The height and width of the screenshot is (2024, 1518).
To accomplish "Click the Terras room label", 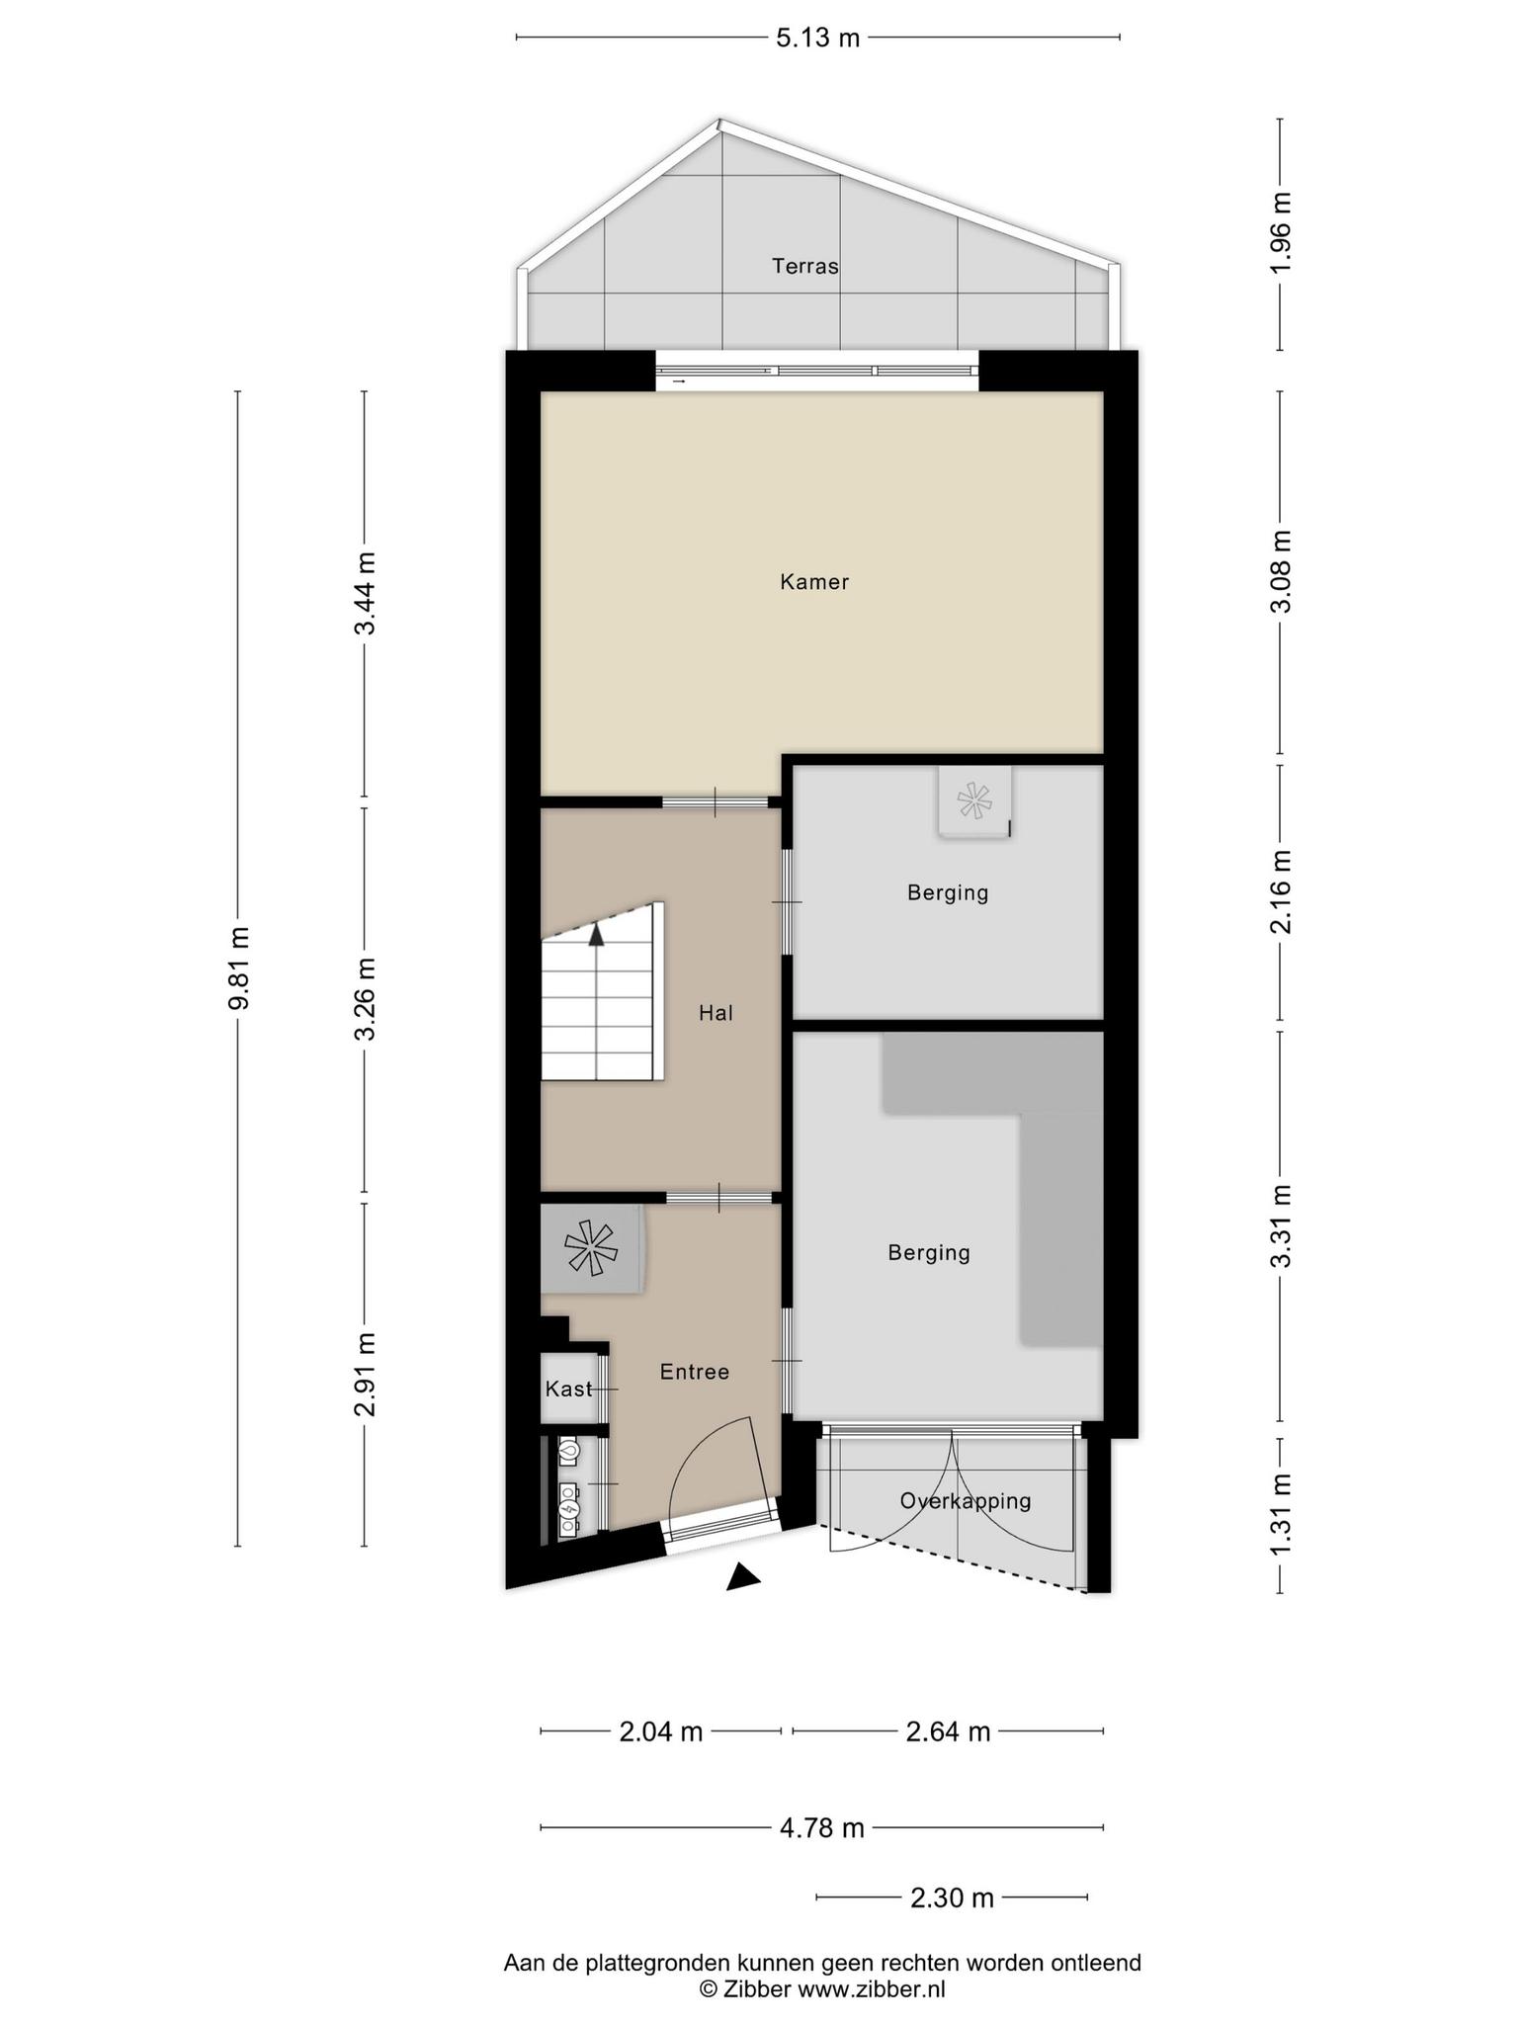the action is pos(805,266).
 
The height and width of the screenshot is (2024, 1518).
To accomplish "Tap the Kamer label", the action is pos(814,582).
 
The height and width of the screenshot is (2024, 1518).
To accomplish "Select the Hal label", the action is pos(716,1013).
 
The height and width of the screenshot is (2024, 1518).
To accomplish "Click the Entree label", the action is pos(695,1372).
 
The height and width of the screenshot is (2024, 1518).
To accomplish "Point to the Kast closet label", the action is pos(568,1389).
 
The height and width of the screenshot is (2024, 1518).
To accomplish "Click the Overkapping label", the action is pos(966,1501).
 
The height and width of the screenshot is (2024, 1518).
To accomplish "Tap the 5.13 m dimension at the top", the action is pos(817,39).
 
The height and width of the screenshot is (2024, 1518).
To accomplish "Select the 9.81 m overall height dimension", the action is pos(239,969).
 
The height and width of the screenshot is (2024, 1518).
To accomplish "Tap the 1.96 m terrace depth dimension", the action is pos(1281,234).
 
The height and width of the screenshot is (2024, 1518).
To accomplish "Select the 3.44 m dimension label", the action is pos(366,594).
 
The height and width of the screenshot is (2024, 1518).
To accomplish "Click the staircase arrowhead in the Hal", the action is pos(596,935).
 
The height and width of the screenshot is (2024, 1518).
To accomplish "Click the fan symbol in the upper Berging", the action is pos(973,800).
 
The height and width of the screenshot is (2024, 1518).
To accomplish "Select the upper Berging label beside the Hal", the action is pos(948,893).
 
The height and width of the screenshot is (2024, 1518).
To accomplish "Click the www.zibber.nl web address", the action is pos(871,1989).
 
